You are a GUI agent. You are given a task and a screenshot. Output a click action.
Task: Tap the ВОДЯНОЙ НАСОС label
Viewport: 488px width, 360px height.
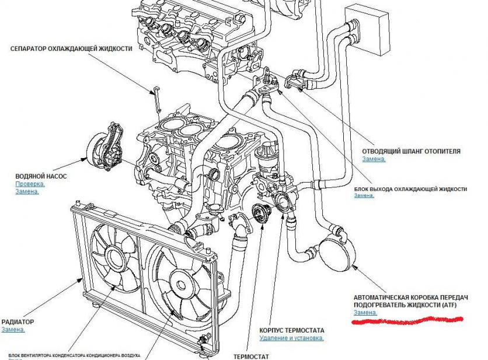(x=41, y=175)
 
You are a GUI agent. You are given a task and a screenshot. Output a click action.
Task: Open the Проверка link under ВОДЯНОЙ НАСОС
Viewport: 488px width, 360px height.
(x=30, y=184)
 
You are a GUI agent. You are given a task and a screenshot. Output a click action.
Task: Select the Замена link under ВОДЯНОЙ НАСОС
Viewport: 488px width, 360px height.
(x=27, y=191)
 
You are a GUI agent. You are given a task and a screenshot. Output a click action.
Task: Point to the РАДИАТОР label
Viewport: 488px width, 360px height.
(x=18, y=321)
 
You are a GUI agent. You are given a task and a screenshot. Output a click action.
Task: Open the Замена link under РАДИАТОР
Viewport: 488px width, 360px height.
(x=13, y=330)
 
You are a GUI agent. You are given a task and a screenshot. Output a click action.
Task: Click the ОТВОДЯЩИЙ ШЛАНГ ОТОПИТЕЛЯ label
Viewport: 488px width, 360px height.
(x=411, y=151)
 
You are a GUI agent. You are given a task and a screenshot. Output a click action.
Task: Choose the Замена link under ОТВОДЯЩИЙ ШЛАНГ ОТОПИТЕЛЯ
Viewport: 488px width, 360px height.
(x=374, y=159)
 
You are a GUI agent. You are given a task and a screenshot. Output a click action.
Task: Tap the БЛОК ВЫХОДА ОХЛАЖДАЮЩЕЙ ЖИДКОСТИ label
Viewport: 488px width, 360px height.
(x=410, y=189)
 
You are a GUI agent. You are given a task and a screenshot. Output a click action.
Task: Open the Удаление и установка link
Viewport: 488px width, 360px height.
(x=292, y=337)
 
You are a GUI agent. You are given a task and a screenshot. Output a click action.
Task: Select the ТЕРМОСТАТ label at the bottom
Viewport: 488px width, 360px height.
(x=251, y=355)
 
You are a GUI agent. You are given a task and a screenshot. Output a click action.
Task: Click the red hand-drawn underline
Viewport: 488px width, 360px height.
(x=409, y=321)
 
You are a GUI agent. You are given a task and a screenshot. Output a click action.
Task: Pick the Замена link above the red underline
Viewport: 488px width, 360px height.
(x=365, y=313)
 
